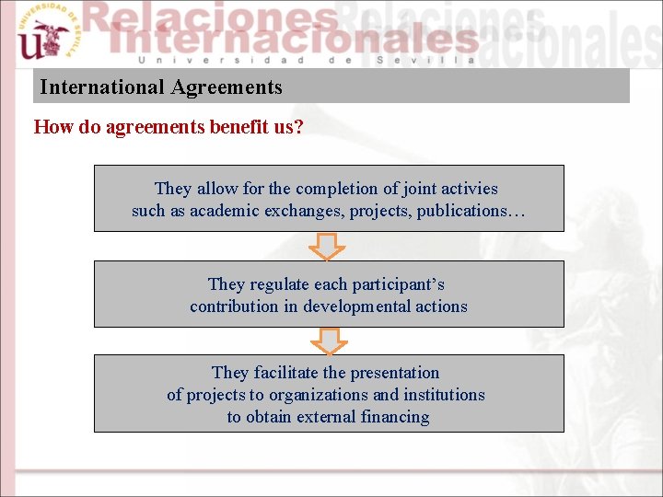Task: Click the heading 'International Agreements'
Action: (x=161, y=88)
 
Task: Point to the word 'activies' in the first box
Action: (x=467, y=189)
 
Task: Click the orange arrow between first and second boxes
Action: (x=327, y=247)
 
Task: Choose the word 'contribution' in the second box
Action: (x=234, y=306)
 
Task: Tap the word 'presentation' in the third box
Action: (x=395, y=373)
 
